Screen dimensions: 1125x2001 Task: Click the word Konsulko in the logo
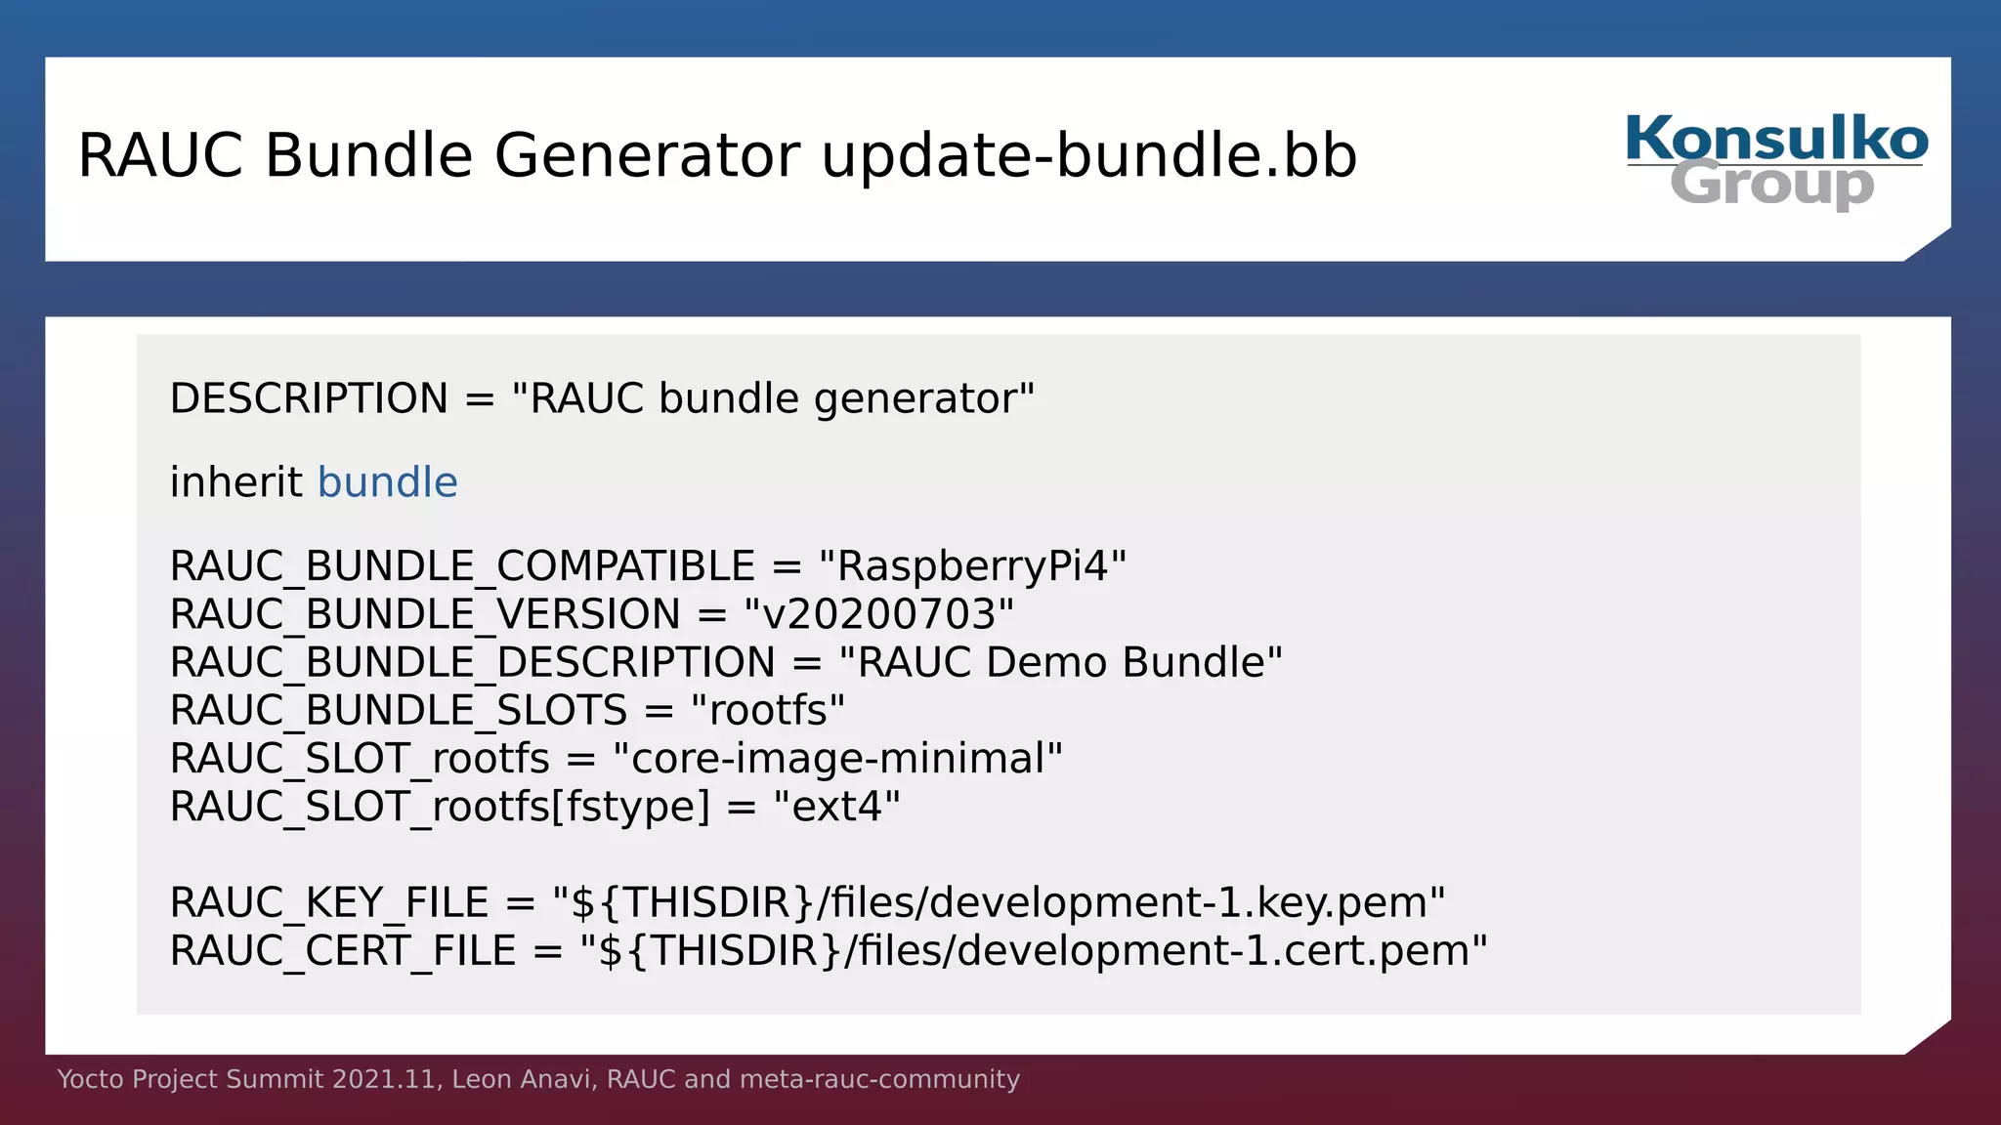pyautogui.click(x=1776, y=139)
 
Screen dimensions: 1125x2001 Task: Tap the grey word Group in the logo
pyautogui.click(x=1771, y=184)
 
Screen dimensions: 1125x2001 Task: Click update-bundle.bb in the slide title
pyautogui.click(x=1088, y=155)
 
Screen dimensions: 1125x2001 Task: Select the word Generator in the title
pyautogui.click(x=647, y=155)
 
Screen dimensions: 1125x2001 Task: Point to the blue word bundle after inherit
pyautogui.click(x=387, y=482)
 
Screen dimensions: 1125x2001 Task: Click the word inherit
pyautogui.click(x=235, y=482)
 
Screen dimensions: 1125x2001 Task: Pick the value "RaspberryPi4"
pyautogui.click(x=972, y=566)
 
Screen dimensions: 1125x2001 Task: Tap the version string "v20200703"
pyautogui.click(x=878, y=614)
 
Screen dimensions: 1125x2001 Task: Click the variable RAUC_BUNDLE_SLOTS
pyautogui.click(x=399, y=710)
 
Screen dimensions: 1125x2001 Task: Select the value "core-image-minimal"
pyautogui.click(x=837, y=758)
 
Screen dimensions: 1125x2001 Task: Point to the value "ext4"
pyautogui.click(x=836, y=807)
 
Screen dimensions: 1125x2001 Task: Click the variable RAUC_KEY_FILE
pyautogui.click(x=329, y=902)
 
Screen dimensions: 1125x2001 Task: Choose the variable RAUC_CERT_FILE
pyautogui.click(x=343, y=950)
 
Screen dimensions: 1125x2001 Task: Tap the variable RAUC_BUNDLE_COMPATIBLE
pyautogui.click(x=462, y=566)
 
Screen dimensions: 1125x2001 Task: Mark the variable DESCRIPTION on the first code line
pyautogui.click(x=309, y=398)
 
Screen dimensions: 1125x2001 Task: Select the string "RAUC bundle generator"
pyautogui.click(x=773, y=398)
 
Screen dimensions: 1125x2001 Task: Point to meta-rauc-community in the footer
pyautogui.click(x=879, y=1079)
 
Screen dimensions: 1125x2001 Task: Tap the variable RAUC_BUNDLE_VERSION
pyautogui.click(x=425, y=614)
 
